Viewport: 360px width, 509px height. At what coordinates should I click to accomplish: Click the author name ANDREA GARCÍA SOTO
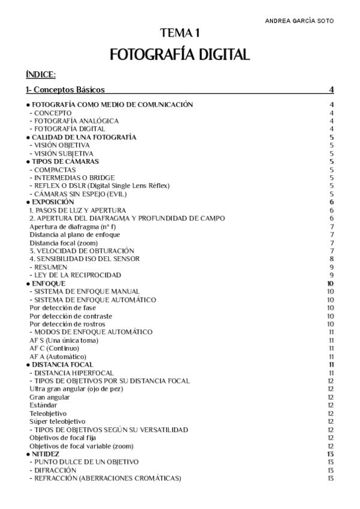coord(299,20)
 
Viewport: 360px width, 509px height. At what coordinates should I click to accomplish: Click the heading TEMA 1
coord(179,34)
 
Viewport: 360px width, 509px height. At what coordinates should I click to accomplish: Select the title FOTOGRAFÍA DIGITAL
coord(179,55)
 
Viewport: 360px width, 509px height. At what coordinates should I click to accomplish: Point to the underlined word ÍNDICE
coord(41,74)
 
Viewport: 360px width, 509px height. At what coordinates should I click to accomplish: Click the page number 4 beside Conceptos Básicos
coord(331,90)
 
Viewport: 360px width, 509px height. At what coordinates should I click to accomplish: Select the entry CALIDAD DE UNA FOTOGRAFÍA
coord(83,137)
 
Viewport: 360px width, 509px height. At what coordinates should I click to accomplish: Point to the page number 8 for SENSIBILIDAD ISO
coord(331,259)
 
